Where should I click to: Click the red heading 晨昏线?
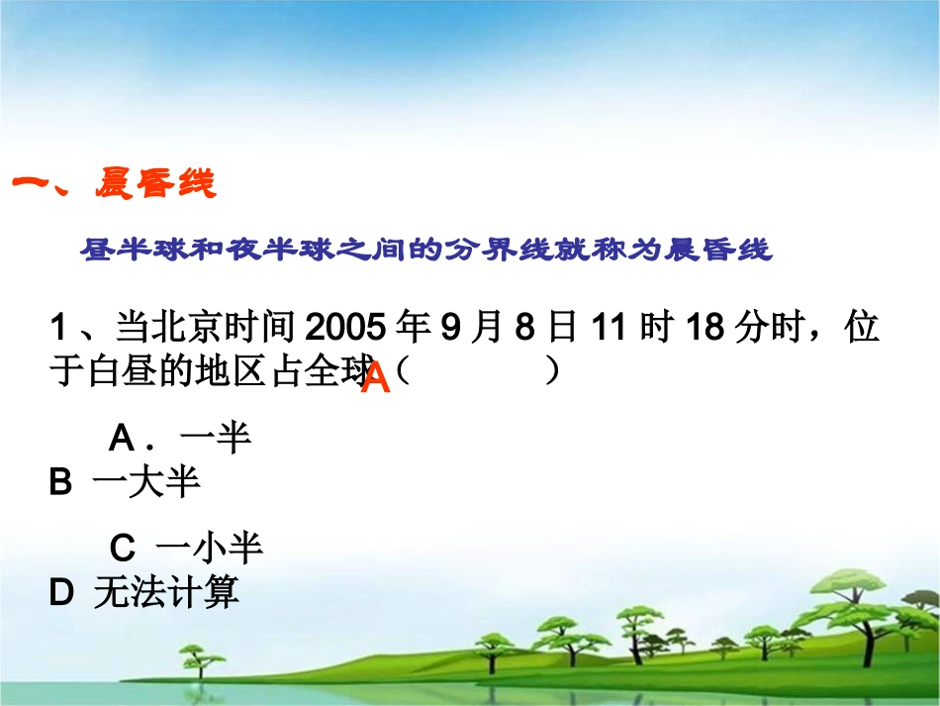coord(155,183)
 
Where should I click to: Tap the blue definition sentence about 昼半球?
coord(425,250)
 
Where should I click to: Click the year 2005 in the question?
coord(337,327)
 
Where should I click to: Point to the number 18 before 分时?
coord(706,327)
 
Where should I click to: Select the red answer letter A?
coord(376,378)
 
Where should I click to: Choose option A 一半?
coord(179,437)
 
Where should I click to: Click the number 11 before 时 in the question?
coord(611,327)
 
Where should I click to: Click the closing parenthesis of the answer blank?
coord(552,371)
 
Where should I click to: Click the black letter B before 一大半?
coord(60,482)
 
